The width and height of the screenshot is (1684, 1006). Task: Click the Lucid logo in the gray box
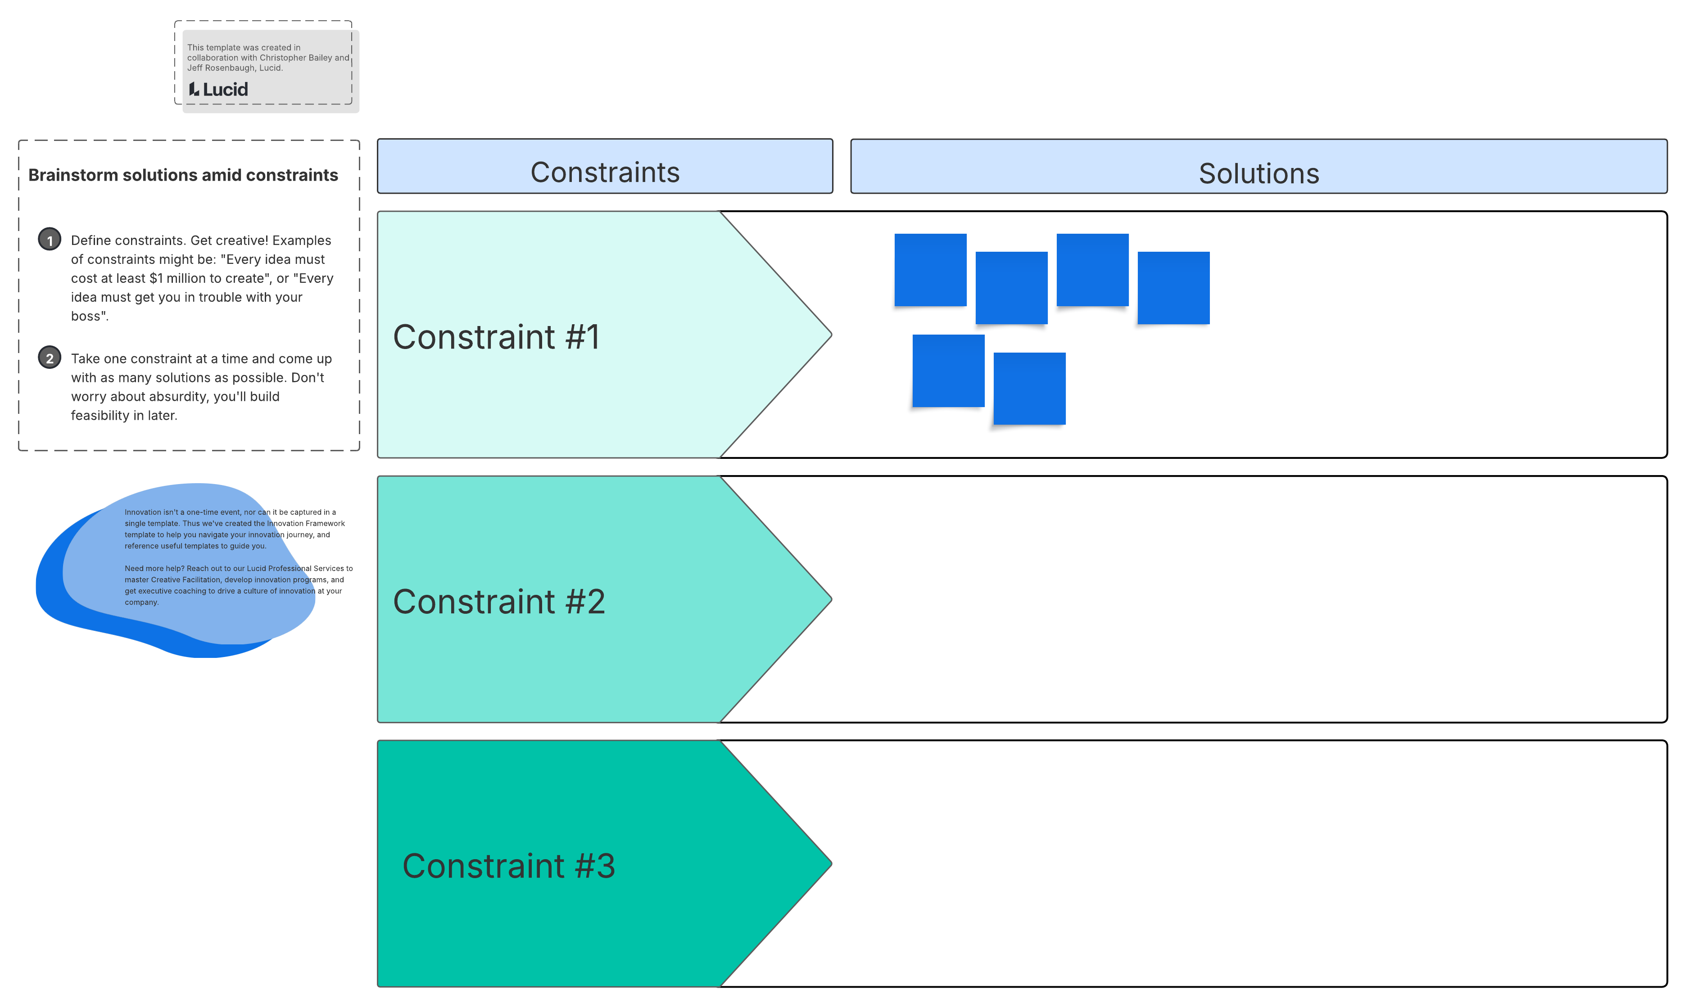point(218,90)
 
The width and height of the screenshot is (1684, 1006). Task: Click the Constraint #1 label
point(496,337)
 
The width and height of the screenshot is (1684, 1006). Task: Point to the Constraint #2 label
point(499,601)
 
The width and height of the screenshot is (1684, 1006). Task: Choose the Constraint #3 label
point(508,866)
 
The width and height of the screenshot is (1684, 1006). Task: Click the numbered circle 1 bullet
point(50,240)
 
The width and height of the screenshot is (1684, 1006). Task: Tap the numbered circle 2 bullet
point(50,358)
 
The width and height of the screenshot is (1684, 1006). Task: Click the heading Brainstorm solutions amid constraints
point(183,175)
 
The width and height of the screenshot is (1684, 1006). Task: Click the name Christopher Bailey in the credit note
point(295,58)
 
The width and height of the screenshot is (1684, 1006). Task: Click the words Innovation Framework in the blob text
point(306,523)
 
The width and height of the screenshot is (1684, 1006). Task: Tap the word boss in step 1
point(87,316)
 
